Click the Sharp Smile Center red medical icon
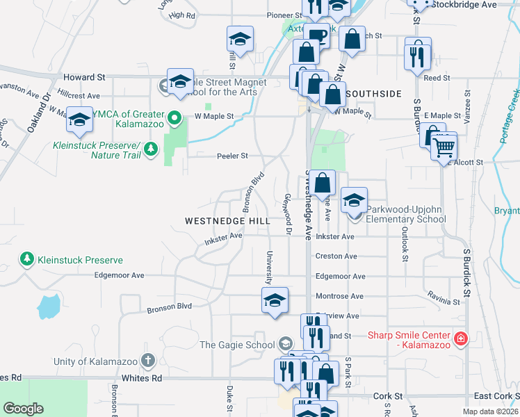[460, 339]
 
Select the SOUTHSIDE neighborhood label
[373, 93]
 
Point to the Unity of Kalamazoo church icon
[147, 361]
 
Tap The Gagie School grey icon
[285, 344]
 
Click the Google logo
[23, 409]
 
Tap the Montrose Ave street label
[339, 296]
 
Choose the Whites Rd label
[147, 378]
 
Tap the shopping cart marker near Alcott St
[443, 147]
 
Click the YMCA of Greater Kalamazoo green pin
[174, 116]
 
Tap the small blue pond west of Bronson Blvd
[49, 305]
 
